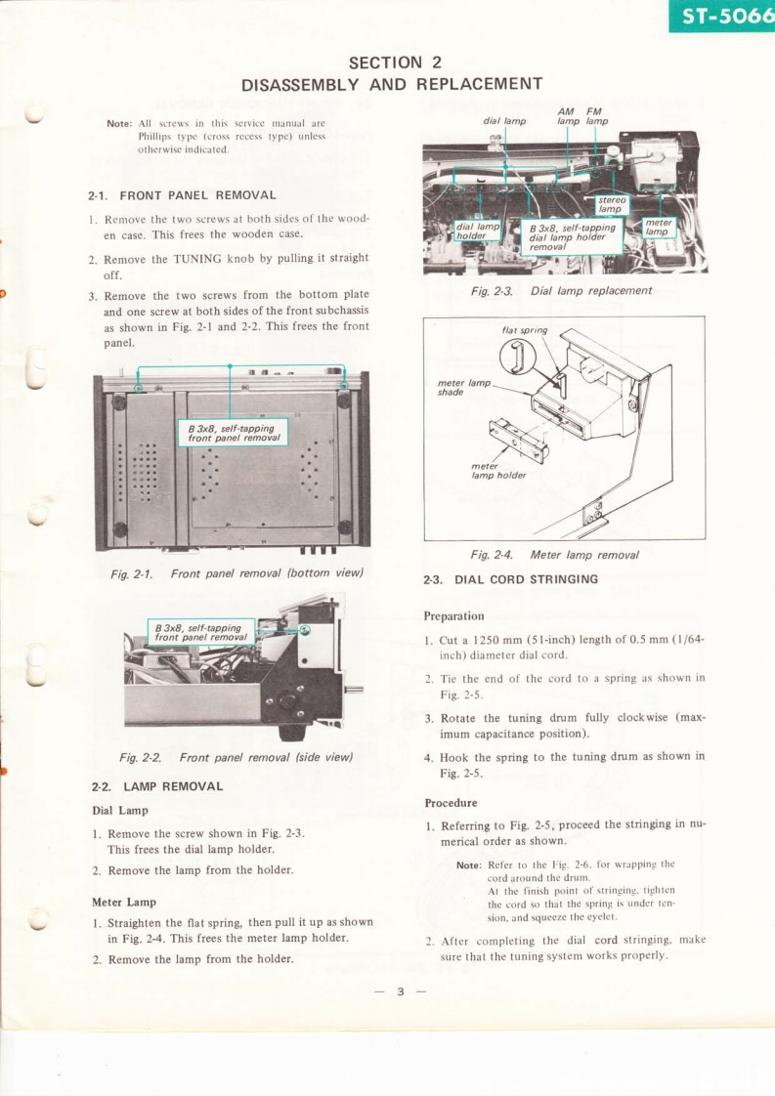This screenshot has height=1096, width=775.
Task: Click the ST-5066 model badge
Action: (722, 17)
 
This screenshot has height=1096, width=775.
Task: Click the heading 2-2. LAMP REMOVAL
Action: (157, 785)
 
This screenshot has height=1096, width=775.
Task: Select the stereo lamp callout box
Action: (612, 203)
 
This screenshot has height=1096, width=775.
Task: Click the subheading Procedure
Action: (451, 802)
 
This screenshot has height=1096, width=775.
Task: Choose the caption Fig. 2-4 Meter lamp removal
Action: (554, 554)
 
